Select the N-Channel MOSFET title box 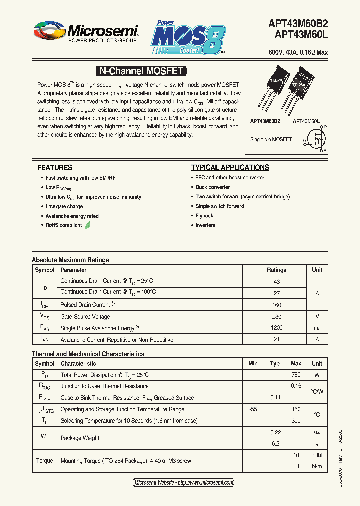click(139, 71)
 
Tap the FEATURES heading click(55, 168)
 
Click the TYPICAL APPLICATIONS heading click(230, 168)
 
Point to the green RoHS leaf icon click(88, 225)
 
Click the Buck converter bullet click(212, 187)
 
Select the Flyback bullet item click(204, 216)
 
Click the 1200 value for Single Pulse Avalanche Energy click(276, 328)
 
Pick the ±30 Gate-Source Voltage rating click(276, 317)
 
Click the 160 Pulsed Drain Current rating click(276, 305)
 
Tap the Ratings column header click(276, 270)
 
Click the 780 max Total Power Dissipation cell click(296, 375)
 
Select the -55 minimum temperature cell click(253, 409)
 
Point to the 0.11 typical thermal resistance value click(275, 398)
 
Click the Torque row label click(44, 461)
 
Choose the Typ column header click(275, 364)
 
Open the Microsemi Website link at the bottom click(184, 483)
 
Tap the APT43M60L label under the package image click(306, 121)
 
